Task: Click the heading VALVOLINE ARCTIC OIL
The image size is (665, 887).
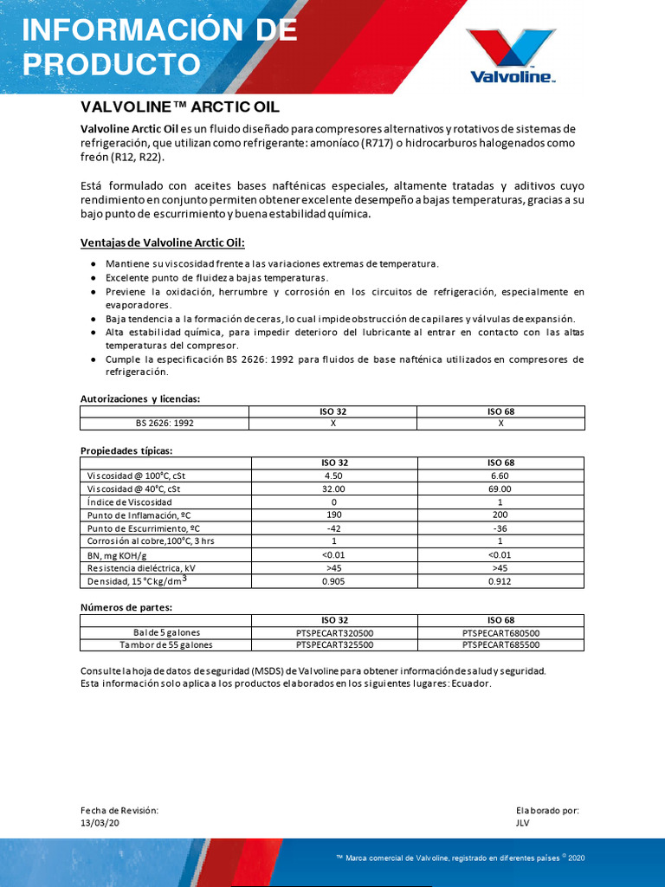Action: [x=180, y=107]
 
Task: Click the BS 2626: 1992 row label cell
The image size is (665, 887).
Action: [x=165, y=424]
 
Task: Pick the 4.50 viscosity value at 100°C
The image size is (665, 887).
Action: [x=333, y=476]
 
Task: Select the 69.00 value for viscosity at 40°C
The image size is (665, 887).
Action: [x=500, y=489]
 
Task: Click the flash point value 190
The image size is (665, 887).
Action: [x=333, y=515]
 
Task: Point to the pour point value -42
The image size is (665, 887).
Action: [x=333, y=528]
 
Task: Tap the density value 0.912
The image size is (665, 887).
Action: [x=500, y=581]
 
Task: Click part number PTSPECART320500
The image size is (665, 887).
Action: [x=333, y=632]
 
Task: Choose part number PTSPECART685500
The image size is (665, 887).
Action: [x=500, y=644]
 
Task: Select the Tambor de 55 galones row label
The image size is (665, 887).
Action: [x=165, y=644]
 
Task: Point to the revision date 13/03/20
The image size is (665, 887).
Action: [x=100, y=823]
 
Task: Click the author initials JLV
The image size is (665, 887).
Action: [x=522, y=823]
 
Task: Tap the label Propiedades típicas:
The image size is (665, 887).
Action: [x=126, y=450]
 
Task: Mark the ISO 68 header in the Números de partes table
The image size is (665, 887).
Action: [x=500, y=619]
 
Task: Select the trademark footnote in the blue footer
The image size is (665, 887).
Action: [x=460, y=857]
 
